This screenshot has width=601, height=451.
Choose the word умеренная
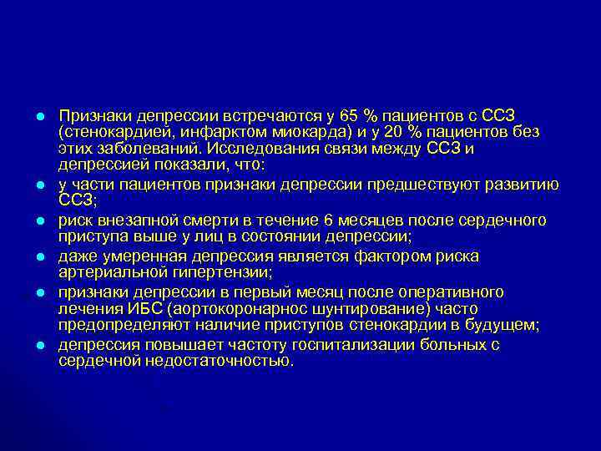coord(134,256)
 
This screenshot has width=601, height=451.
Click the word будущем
coord(510,326)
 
